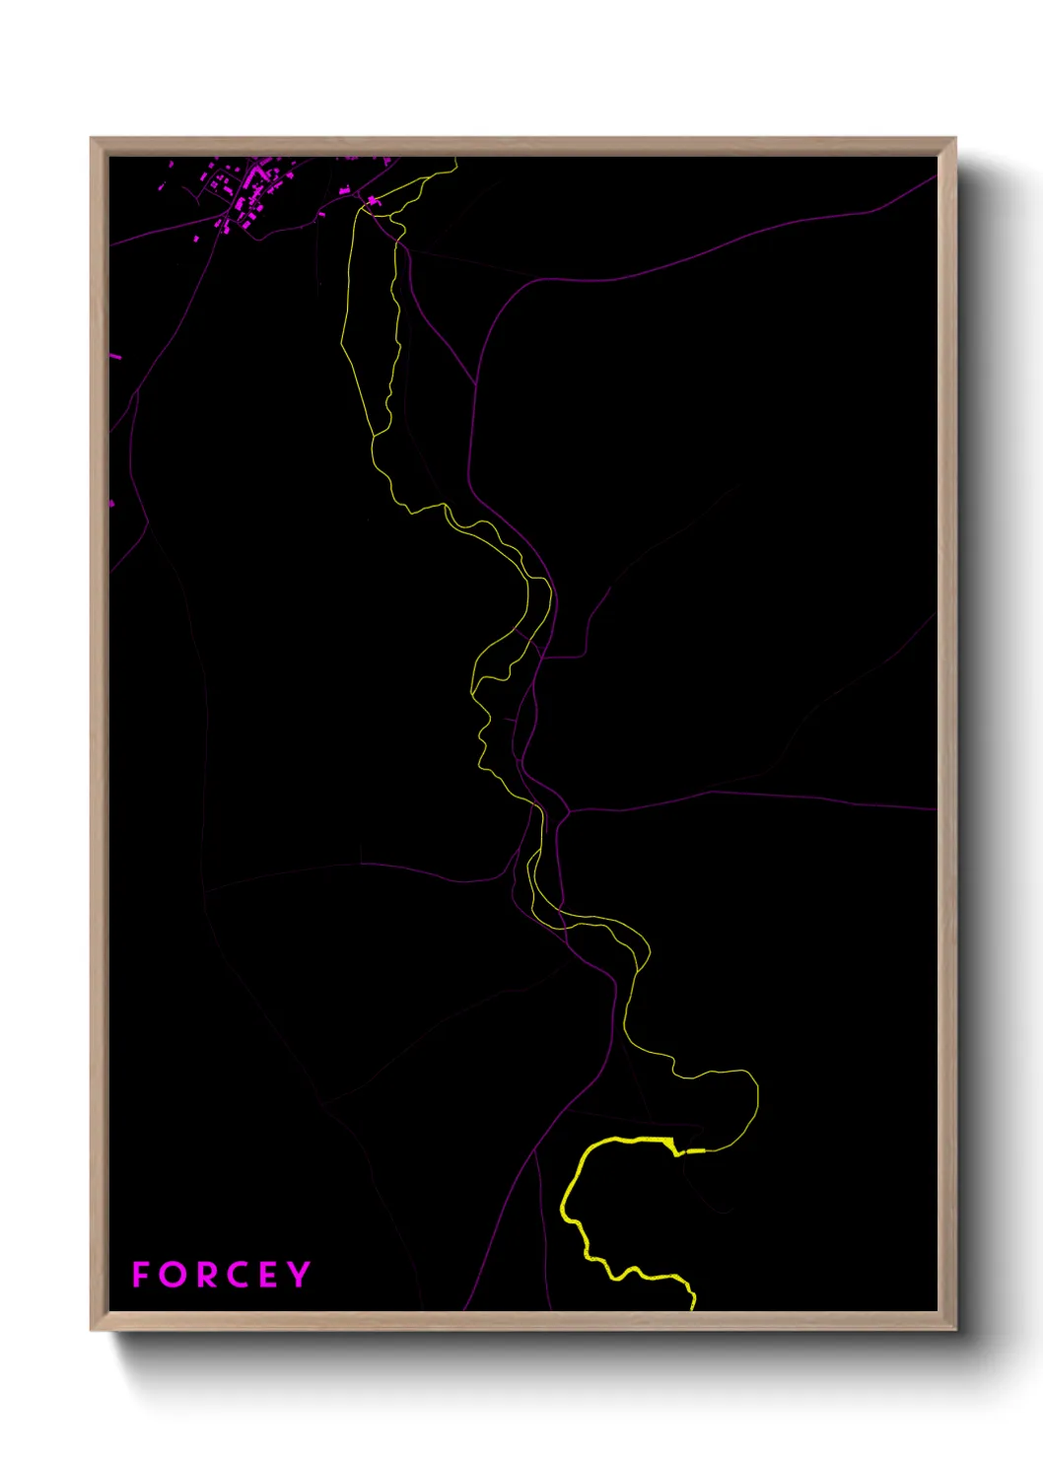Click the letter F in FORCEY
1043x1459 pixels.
click(141, 1275)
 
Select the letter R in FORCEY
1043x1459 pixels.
click(207, 1275)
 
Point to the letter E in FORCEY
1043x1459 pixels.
click(269, 1275)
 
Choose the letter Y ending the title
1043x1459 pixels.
click(299, 1275)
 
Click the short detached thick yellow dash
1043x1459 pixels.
click(696, 1150)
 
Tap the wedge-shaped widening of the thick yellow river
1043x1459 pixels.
click(670, 1144)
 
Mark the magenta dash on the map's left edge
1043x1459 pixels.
click(115, 356)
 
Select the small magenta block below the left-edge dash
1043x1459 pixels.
click(111, 504)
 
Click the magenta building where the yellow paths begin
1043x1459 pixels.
click(373, 201)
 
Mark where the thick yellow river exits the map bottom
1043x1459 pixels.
click(693, 1307)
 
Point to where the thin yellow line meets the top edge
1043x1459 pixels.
click(456, 158)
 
